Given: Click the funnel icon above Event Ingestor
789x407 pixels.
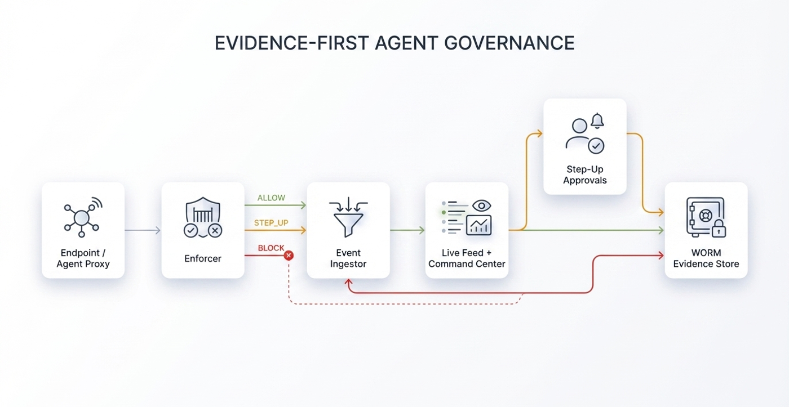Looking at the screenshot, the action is pyautogui.click(x=348, y=217).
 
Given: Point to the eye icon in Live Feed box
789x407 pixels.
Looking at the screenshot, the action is pyautogui.click(x=481, y=205).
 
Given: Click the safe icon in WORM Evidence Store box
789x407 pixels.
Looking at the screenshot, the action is pyautogui.click(x=704, y=217).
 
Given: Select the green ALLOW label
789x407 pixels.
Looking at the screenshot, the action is pyautogui.click(x=271, y=198).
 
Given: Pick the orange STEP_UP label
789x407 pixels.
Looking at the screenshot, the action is pyautogui.click(x=271, y=223).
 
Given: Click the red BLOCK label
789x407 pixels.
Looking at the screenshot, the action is pyautogui.click(x=271, y=248).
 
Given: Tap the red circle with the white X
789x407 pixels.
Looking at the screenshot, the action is pyautogui.click(x=289, y=256).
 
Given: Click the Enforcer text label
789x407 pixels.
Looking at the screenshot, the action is pyautogui.click(x=203, y=259).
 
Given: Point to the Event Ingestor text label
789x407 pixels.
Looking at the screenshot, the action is pyautogui.click(x=348, y=258).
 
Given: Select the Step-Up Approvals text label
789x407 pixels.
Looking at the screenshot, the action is pyautogui.click(x=584, y=175).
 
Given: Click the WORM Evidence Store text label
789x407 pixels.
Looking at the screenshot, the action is pyautogui.click(x=706, y=258).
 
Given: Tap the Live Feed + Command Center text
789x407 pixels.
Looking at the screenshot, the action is pyautogui.click(x=467, y=258).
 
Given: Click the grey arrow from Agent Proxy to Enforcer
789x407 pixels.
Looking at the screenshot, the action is pyautogui.click(x=143, y=230).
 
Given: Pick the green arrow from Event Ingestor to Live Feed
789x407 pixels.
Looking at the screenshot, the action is pyautogui.click(x=407, y=230).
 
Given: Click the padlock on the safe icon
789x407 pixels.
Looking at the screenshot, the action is pyautogui.click(x=719, y=229).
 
